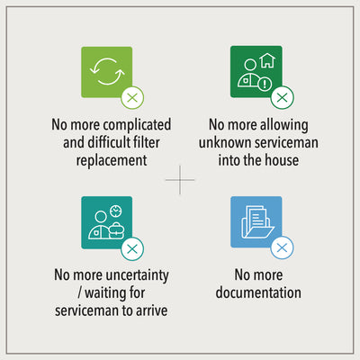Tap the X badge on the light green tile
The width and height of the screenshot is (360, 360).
(x=132, y=98)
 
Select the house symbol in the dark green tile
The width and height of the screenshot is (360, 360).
(x=267, y=60)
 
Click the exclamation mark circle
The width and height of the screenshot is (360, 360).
(x=265, y=84)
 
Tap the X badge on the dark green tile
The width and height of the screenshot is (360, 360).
(x=283, y=97)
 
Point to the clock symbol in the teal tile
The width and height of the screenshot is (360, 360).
(x=116, y=211)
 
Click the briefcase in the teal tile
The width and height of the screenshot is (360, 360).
(x=116, y=230)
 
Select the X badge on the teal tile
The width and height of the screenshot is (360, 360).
(x=132, y=248)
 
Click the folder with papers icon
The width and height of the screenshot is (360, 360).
(x=257, y=222)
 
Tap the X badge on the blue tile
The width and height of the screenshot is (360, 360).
(x=282, y=247)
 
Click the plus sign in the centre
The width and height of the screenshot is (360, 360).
(x=180, y=180)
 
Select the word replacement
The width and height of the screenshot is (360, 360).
(x=112, y=160)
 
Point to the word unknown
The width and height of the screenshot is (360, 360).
(x=226, y=142)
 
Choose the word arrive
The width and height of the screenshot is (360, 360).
(x=152, y=310)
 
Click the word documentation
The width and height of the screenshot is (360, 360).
(x=258, y=292)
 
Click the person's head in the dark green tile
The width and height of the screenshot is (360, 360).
(x=250, y=65)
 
